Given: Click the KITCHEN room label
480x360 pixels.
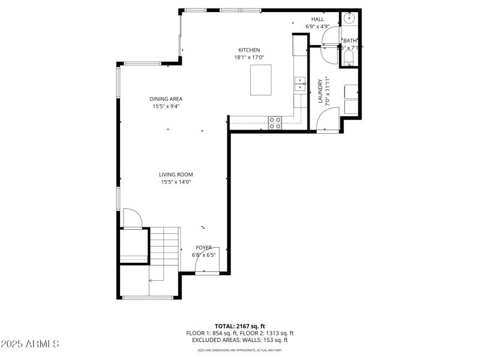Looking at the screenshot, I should pos(249,50).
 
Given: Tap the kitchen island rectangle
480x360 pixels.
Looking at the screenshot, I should pos(260,80).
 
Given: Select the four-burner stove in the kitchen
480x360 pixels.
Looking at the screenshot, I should pos(275,122).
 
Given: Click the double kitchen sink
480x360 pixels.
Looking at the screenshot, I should pos(299,83).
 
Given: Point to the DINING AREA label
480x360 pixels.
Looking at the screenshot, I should pos(166,99).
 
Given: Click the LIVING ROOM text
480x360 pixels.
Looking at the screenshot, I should pos(176,175).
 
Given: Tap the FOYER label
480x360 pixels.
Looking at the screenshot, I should pos(204,247).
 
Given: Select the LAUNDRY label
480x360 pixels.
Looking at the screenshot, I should pos(320,91).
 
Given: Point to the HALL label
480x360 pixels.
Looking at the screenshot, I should pos(317,19).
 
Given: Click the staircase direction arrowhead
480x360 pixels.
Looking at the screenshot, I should pos(151,280).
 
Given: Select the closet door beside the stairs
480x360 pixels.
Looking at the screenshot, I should pos(131,218).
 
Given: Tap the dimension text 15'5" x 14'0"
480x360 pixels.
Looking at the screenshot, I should pos(176,182).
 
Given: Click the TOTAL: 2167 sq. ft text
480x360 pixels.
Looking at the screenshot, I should pos(240,326).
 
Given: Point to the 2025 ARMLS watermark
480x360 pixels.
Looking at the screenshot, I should pos(30,344).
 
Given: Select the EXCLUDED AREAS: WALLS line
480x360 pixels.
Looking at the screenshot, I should pos(240,340).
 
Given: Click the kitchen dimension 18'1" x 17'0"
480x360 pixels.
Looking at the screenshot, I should pos(249,57).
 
